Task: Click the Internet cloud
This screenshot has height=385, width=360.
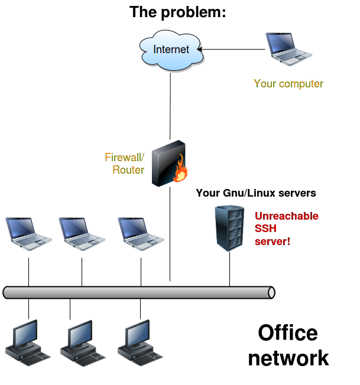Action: click(171, 50)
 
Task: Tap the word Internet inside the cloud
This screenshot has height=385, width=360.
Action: click(171, 50)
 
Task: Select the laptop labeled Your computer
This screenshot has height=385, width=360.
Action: click(288, 48)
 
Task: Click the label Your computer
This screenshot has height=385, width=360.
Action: click(288, 84)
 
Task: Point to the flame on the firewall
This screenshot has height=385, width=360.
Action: click(180, 172)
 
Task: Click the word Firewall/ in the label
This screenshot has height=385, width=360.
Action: click(125, 158)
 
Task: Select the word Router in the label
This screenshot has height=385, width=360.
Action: click(128, 170)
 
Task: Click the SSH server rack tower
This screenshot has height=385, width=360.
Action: click(229, 228)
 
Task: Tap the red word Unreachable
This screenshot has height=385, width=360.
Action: click(287, 216)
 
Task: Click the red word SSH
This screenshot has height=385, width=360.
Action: click(266, 229)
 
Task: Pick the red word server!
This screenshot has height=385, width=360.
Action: click(273, 242)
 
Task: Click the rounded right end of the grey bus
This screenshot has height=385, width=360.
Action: click(271, 292)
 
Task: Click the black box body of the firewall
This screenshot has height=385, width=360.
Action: click(164, 165)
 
